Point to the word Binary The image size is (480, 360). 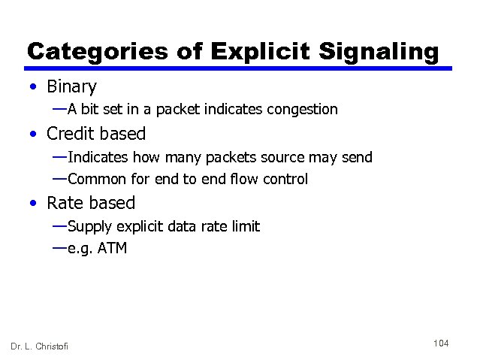[x=71, y=87]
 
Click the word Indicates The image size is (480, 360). [x=98, y=157]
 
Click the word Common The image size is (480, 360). [x=96, y=179]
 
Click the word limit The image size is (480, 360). [x=245, y=226]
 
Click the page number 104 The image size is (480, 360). [x=441, y=343]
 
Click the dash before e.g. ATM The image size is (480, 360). [x=59, y=247]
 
